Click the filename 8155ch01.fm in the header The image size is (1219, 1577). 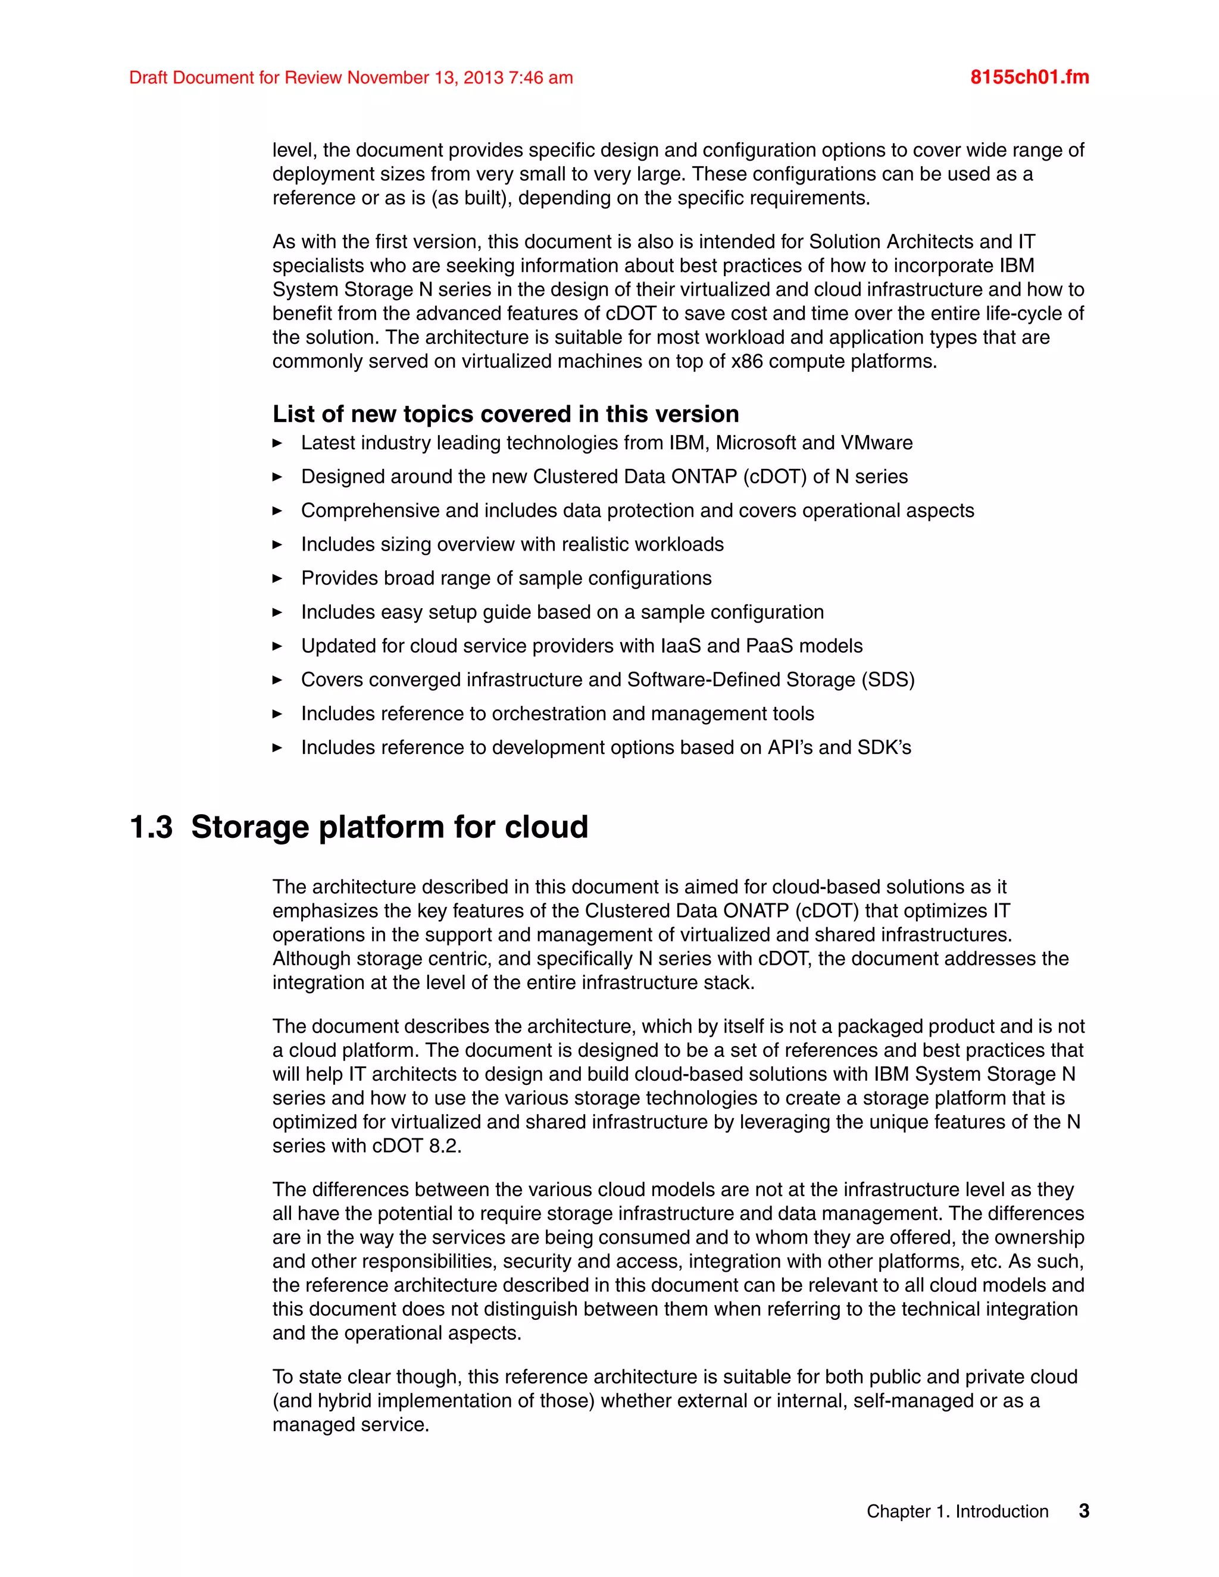click(1029, 77)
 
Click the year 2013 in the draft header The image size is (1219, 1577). click(483, 77)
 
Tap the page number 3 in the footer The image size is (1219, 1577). click(1083, 1510)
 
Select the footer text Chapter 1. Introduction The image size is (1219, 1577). click(957, 1512)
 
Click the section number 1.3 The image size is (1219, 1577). click(151, 827)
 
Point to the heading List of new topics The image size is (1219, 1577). click(505, 414)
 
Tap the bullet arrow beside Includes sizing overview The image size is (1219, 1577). click(277, 545)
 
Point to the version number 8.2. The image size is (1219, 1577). click(445, 1146)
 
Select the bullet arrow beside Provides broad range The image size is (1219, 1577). click(277, 578)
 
